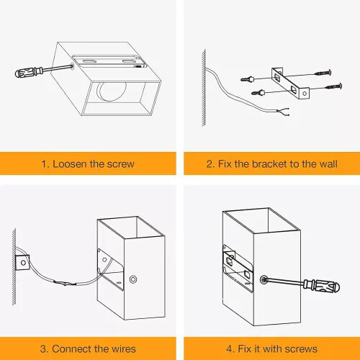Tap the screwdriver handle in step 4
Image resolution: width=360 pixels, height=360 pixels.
click(322, 286)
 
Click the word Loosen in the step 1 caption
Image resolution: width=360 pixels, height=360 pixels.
click(70, 164)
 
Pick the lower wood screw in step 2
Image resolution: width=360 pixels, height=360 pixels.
click(333, 86)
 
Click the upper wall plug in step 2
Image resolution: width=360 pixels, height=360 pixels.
click(248, 78)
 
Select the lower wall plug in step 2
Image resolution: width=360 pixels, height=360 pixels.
click(258, 92)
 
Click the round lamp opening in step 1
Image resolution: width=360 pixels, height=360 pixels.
click(112, 91)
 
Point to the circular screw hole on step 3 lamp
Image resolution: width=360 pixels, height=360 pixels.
click(133, 279)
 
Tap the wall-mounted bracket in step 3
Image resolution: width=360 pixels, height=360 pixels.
click(22, 262)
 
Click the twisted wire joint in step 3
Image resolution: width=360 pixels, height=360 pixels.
click(65, 283)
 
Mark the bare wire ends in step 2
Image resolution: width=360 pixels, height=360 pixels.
click(283, 112)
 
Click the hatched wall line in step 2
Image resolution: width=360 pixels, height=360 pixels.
click(204, 88)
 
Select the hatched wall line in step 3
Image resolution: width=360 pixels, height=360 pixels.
click(14, 266)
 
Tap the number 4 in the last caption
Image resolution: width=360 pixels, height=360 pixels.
click(229, 349)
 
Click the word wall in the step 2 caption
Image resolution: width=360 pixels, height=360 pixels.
click(328, 164)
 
